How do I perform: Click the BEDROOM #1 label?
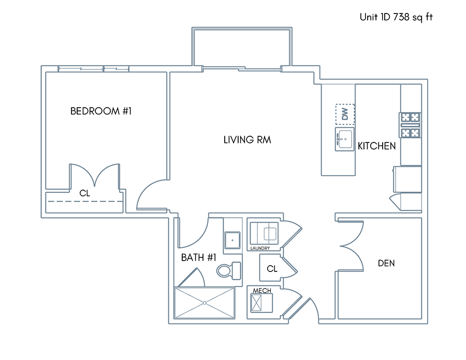[101, 111]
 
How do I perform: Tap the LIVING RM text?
[247, 140]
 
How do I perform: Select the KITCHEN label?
[376, 146]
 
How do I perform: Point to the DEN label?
[386, 263]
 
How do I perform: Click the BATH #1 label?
[198, 257]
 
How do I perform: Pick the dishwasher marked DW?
[345, 114]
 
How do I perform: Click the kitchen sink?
[345, 139]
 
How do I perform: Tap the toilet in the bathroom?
[228, 271]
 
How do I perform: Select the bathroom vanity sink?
[232, 240]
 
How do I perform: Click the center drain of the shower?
[205, 303]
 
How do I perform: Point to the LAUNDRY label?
[260, 248]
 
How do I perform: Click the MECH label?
[262, 291]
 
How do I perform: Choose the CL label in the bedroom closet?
[85, 194]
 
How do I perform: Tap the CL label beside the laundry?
[272, 269]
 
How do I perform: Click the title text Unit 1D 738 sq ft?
[396, 17]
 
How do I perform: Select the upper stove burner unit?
[411, 118]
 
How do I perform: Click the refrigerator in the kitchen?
[407, 179]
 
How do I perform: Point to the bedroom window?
[94, 69]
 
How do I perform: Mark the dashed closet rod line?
[85, 201]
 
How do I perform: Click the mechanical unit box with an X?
[256, 303]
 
